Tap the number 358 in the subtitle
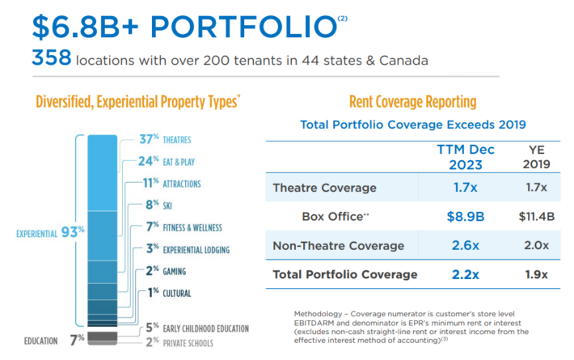(49, 58)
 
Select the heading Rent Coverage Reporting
(412, 102)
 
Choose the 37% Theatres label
(165, 140)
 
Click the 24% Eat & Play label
(167, 162)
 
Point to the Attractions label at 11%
(169, 184)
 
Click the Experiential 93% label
(49, 233)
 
